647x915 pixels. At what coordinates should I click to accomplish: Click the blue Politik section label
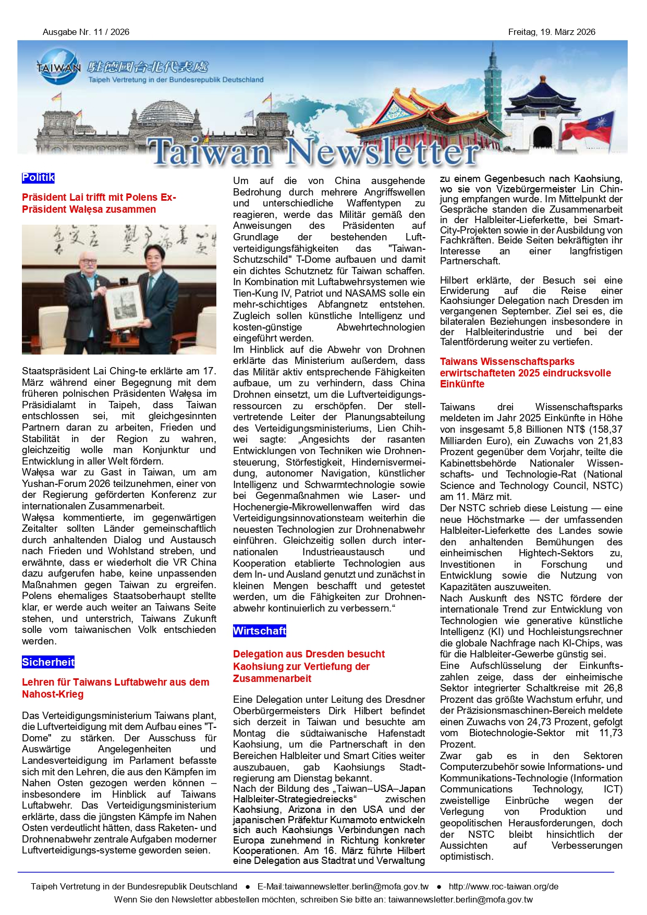tap(38, 178)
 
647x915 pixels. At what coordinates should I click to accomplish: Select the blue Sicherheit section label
tap(48, 662)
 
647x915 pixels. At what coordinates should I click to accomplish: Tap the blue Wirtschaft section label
tap(260, 631)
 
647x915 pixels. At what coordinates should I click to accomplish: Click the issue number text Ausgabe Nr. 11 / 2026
tap(86, 32)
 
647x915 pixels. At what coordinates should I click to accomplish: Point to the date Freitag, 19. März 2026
tap(552, 32)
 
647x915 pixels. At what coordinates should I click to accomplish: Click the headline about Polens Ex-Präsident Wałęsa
tap(99, 203)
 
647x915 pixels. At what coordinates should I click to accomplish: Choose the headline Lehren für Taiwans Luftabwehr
tap(115, 688)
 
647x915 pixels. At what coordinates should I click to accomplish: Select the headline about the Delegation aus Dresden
tap(309, 666)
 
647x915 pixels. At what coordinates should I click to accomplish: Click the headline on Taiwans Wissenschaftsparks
tap(525, 373)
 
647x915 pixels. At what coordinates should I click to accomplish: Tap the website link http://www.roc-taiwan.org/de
tap(503, 886)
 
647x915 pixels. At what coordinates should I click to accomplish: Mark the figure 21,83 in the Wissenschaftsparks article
tap(610, 441)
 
